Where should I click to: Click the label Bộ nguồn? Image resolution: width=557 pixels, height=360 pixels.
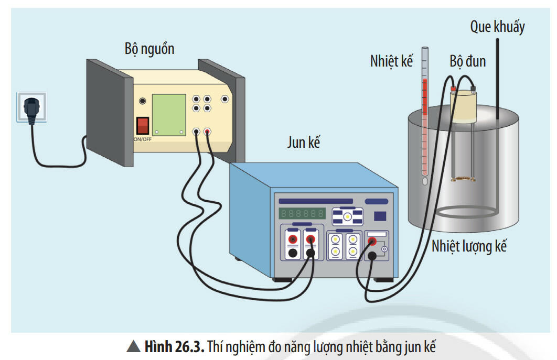pos(149,49)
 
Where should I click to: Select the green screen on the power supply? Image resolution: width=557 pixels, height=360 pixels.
pos(169,114)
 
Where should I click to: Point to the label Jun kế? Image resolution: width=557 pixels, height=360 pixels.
pos(304,142)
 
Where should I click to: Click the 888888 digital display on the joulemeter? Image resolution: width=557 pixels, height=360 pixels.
pos(302,213)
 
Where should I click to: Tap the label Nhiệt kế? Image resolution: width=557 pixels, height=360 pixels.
pos(391,62)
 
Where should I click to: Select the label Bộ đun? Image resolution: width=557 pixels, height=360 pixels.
pos(467,61)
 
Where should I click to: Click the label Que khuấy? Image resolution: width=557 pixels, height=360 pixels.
pos(497,27)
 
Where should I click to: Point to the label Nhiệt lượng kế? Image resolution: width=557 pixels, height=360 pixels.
pos(469,246)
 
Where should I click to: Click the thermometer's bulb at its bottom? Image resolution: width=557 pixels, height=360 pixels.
pos(425,181)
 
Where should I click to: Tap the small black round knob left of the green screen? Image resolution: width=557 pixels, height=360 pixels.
pos(142,101)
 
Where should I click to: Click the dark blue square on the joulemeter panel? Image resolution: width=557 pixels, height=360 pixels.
pos(380,215)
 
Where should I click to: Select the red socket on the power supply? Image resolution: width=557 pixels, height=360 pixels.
pos(208,132)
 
